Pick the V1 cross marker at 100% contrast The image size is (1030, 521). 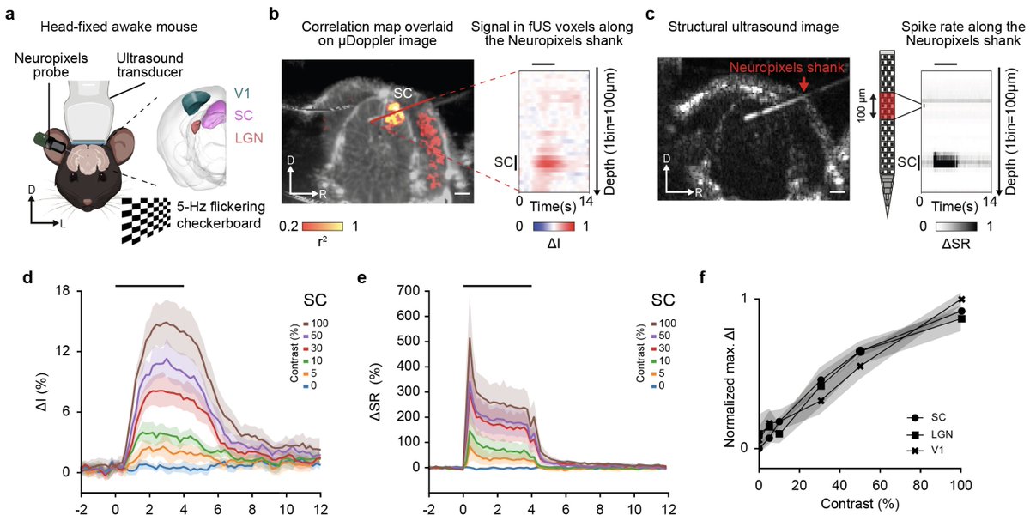[961, 300]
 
